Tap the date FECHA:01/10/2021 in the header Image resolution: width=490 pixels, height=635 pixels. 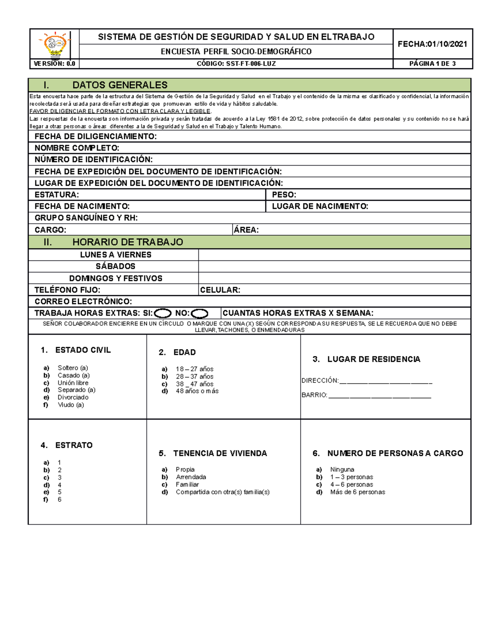[432, 44]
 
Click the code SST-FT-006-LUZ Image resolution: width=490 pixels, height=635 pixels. [236, 64]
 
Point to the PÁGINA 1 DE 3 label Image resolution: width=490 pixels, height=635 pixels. [432, 64]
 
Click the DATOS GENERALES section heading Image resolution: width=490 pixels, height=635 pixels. [120, 85]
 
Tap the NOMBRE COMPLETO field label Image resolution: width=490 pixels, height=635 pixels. [77, 148]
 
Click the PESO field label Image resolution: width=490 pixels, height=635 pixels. [284, 195]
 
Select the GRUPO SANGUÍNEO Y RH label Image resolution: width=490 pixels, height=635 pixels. [86, 218]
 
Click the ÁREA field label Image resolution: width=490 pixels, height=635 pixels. [246, 230]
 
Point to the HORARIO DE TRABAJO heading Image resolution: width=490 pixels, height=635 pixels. [127, 242]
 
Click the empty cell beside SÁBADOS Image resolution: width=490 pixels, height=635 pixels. [334, 266]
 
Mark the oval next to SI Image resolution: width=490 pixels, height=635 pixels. [163, 314]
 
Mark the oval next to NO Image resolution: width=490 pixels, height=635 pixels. [200, 314]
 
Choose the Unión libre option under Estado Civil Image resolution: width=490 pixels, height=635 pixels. [73, 383]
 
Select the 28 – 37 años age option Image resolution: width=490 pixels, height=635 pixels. [194, 377]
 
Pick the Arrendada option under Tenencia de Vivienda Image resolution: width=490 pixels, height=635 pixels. [191, 477]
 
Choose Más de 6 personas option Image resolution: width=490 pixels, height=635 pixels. [357, 492]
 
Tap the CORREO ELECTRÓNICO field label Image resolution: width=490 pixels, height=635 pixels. [83, 302]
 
